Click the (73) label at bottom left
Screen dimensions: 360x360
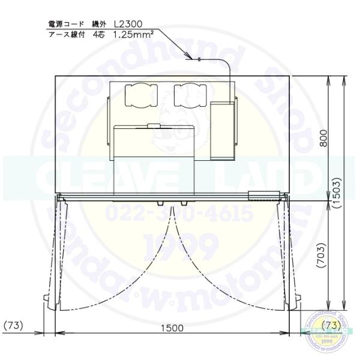(14, 326)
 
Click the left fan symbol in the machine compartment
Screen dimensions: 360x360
(140, 95)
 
